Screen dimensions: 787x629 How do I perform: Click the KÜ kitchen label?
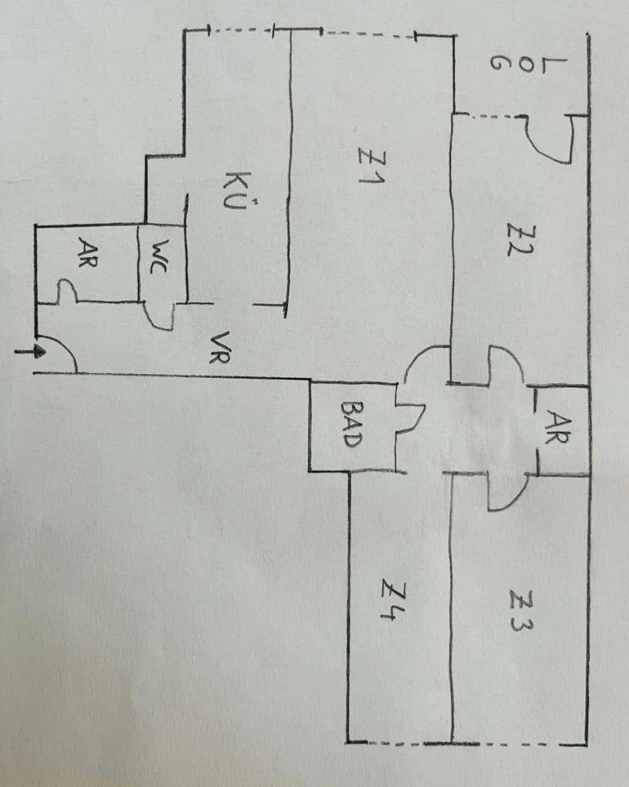(x=236, y=192)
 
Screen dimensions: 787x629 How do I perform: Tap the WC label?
(x=162, y=258)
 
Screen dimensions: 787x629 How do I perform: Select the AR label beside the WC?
(x=87, y=255)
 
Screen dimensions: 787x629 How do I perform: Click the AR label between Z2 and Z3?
(x=560, y=422)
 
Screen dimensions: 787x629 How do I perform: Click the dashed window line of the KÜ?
(x=243, y=30)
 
